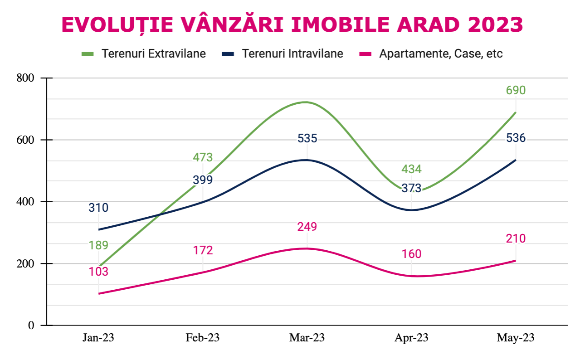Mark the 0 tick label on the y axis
coord(31,325)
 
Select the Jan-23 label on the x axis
coord(98,338)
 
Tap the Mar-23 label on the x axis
coord(307,338)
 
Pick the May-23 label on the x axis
coord(516,338)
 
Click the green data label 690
coord(516,90)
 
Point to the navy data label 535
coord(307,138)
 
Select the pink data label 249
coord(307,227)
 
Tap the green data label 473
coord(203,158)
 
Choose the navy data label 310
coord(98,208)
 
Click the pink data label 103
coord(98,272)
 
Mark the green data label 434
coord(411,170)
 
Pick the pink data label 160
coord(411,254)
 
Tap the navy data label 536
coord(516,138)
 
